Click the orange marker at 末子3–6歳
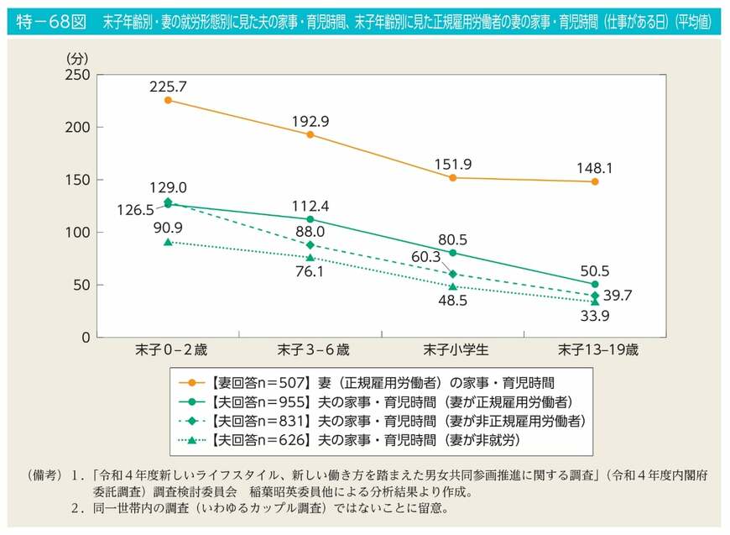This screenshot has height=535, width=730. (310, 134)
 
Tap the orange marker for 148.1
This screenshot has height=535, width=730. (595, 181)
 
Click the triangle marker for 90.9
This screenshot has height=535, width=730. (168, 242)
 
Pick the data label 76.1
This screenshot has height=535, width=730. (310, 272)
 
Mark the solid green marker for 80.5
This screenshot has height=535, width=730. (452, 253)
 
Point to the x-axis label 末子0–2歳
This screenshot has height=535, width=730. (168, 350)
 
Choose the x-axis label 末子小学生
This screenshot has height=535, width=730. (452, 350)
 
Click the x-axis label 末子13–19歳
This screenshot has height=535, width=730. (595, 350)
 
